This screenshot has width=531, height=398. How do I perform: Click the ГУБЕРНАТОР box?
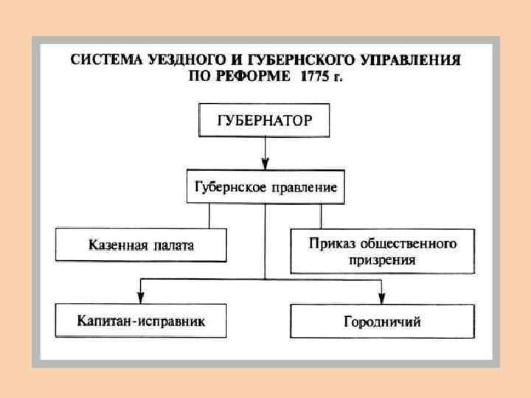point(264,121)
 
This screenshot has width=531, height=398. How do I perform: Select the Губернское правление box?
point(265,187)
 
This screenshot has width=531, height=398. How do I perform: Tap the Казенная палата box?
point(141,245)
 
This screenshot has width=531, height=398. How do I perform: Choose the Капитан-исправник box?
point(141,321)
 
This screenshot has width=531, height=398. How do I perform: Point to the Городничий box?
point(382,321)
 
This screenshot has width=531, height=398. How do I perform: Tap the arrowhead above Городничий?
point(381,297)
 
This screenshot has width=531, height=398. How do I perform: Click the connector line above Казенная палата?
point(209,216)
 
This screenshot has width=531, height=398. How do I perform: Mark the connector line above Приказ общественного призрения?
point(321,216)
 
